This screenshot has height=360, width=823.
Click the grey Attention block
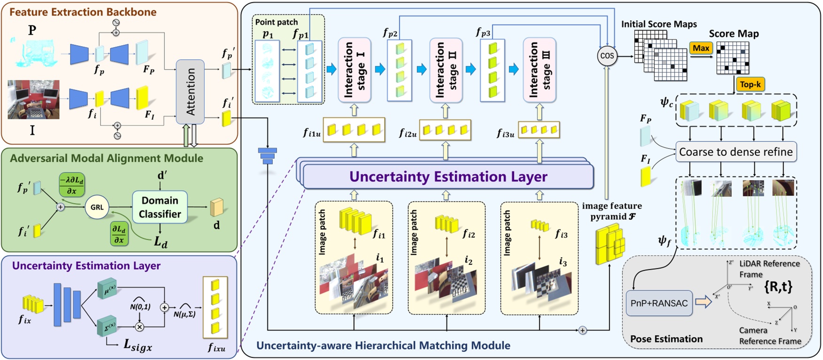click(x=190, y=92)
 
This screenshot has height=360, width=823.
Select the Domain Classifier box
click(x=160, y=207)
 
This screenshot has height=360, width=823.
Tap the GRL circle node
click(x=97, y=207)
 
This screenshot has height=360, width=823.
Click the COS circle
click(x=607, y=56)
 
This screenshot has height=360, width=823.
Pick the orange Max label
click(x=701, y=48)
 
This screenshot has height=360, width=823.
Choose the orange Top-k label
click(x=750, y=85)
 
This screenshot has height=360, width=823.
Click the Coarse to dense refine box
click(x=736, y=152)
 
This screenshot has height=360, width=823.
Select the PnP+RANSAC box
click(x=659, y=303)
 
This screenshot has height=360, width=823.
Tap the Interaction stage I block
click(x=355, y=70)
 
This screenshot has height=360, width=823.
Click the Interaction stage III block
click(x=539, y=70)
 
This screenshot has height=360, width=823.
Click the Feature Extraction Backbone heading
click(x=83, y=12)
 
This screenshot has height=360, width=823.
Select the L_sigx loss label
click(x=138, y=345)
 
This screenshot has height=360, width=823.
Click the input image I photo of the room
click(x=33, y=99)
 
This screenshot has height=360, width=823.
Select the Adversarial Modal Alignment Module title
click(x=107, y=158)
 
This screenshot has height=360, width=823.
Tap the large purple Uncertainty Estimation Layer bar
click(x=448, y=177)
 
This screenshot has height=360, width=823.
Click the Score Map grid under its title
click(x=732, y=58)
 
